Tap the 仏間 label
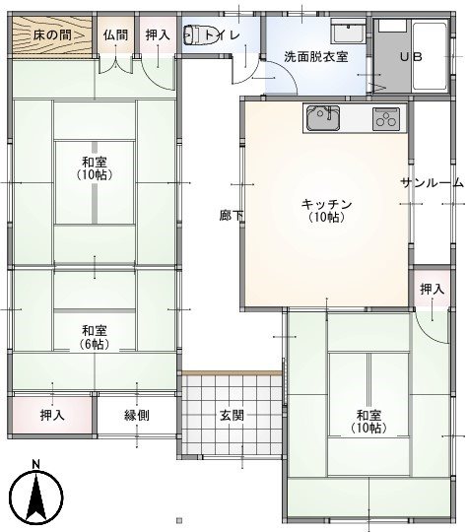[x=115, y=34]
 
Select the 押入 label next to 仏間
[x=157, y=34]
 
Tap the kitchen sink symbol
[x=321, y=119]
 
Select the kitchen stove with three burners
[x=386, y=120]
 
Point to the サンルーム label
[x=433, y=183]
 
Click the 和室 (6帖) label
[x=95, y=336]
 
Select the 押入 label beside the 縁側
[x=53, y=415]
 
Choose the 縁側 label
[x=137, y=415]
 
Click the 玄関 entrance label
[x=232, y=415]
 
